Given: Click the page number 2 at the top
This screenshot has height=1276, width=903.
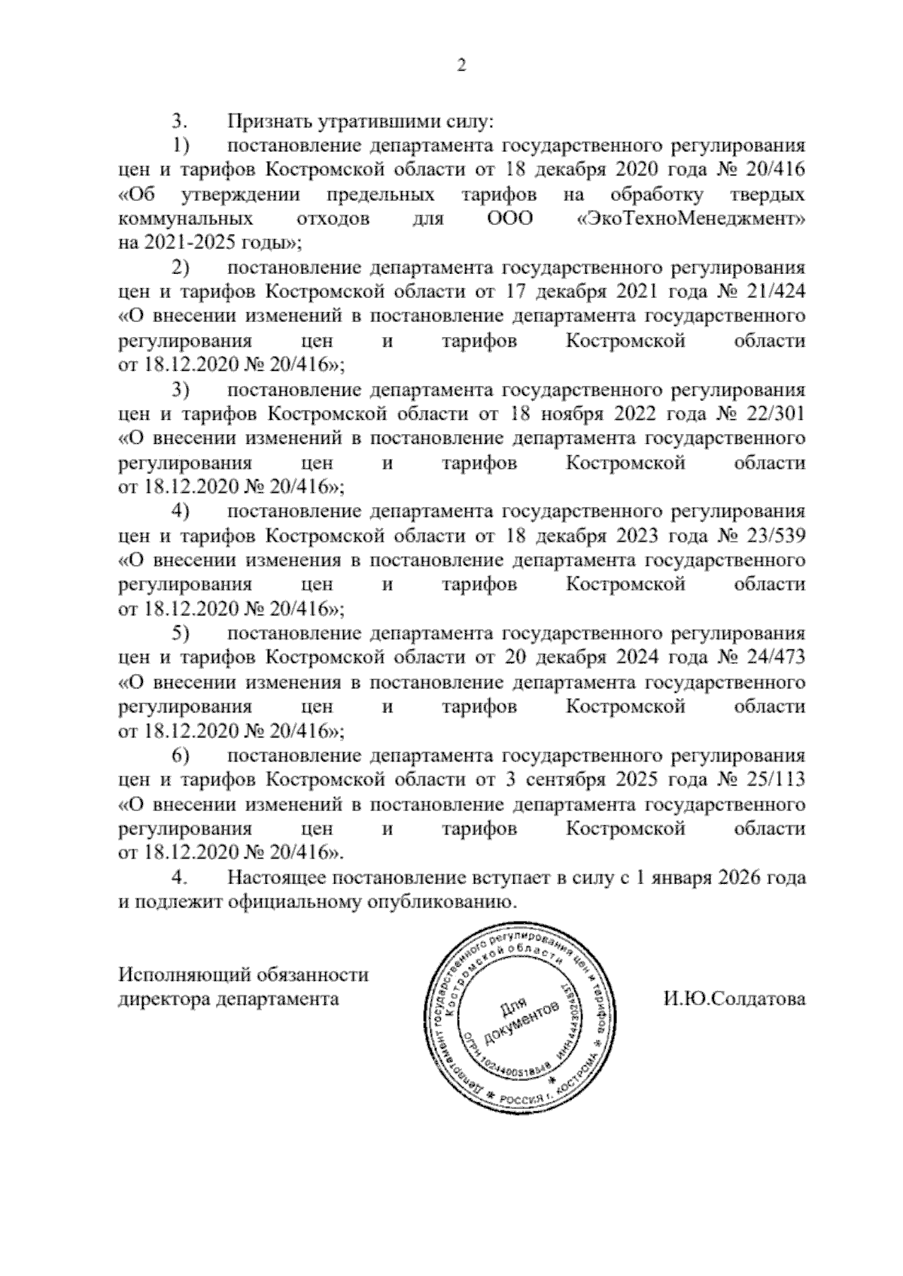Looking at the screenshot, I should (x=462, y=66).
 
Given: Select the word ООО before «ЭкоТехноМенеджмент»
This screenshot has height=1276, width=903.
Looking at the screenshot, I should (x=505, y=220).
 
